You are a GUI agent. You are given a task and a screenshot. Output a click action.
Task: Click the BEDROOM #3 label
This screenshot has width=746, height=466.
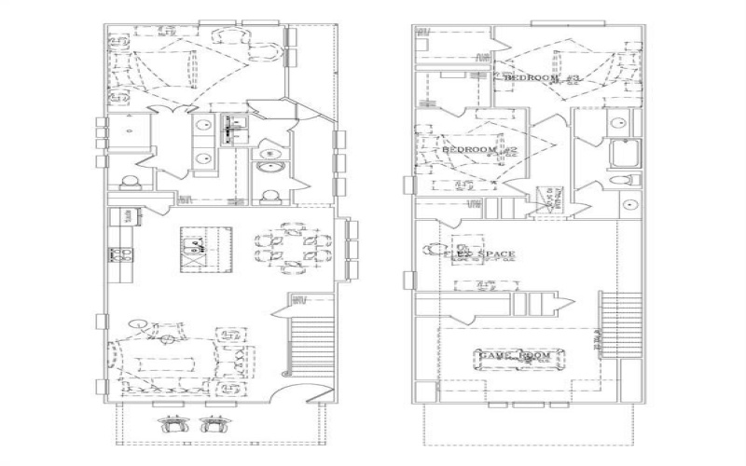543,79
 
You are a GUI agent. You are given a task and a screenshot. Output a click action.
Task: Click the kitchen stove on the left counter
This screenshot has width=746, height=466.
120,253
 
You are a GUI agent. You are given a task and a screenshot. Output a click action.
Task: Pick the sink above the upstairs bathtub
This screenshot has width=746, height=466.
618,123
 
